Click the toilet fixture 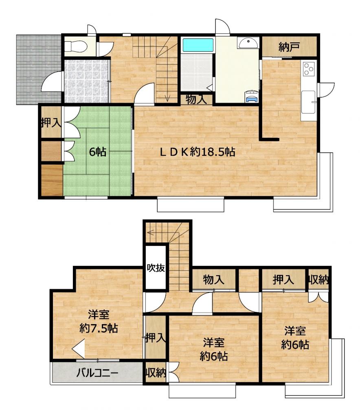(76, 46)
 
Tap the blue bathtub (198, 45)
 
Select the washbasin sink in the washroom (248, 42)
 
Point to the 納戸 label (289, 47)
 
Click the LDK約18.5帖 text (197, 152)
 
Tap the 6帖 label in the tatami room (98, 152)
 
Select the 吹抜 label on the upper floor (156, 268)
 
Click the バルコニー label (97, 373)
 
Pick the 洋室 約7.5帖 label (99, 322)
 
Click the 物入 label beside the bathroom (196, 100)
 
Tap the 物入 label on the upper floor (213, 280)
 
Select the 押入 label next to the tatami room (51, 123)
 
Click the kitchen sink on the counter (308, 101)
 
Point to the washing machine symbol (251, 96)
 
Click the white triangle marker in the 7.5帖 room (79, 349)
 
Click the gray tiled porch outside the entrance (39, 70)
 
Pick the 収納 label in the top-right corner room (318, 280)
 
